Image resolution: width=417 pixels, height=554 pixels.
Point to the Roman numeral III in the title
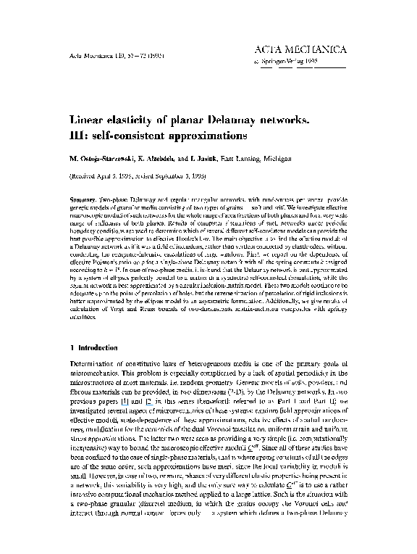coord(77,135)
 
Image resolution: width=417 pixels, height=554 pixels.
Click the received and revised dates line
coord(138,176)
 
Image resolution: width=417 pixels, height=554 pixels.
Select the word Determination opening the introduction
coord(96,362)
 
